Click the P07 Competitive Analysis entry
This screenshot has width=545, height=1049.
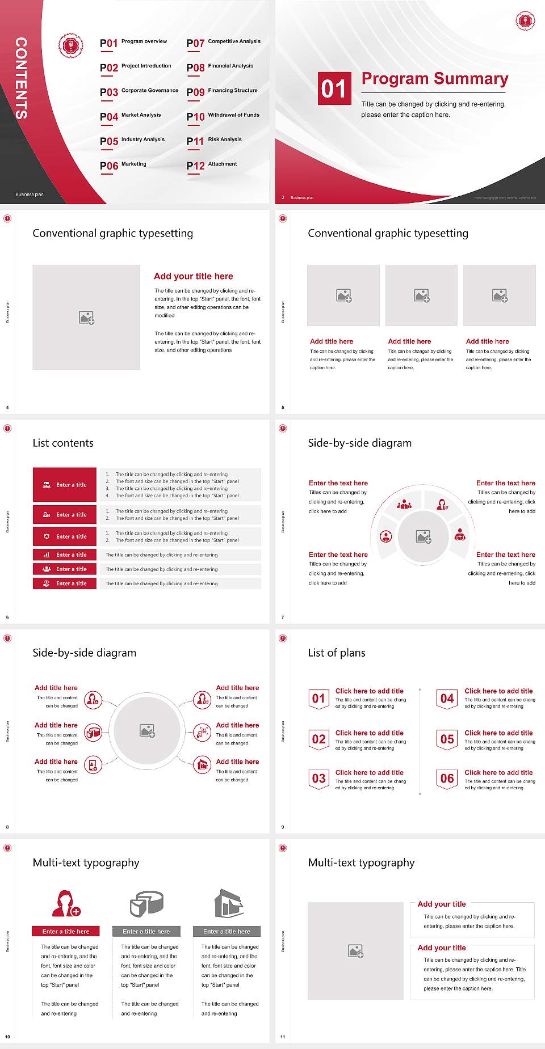(x=223, y=43)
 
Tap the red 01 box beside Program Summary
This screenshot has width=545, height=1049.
(x=334, y=88)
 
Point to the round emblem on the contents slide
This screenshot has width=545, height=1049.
(x=71, y=46)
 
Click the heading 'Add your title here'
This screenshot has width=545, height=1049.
(x=193, y=276)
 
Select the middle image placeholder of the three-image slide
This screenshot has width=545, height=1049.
(x=421, y=295)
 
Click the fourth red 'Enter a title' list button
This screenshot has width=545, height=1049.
(x=65, y=555)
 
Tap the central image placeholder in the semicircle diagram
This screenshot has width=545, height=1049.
(x=423, y=536)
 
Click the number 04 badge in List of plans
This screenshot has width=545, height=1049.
(x=447, y=699)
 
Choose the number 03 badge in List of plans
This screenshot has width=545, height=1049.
(x=319, y=779)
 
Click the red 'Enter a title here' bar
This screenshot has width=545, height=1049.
(x=66, y=931)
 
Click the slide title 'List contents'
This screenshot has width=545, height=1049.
(x=63, y=443)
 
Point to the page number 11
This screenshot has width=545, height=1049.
(x=283, y=1037)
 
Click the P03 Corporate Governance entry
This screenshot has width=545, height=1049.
(x=139, y=91)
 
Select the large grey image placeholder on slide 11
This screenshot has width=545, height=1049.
(x=355, y=951)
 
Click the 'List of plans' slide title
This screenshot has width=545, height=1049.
(x=337, y=653)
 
